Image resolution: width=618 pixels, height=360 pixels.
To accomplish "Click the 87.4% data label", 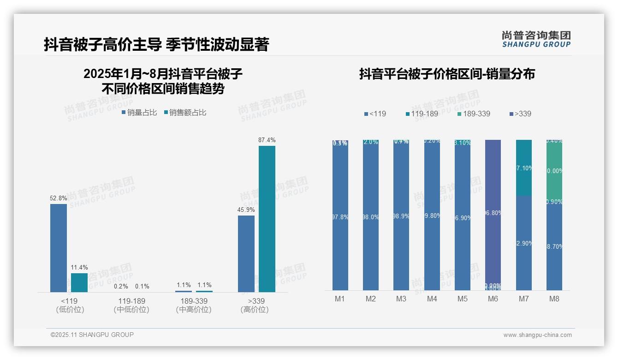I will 267,140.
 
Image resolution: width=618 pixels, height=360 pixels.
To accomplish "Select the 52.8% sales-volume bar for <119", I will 59,248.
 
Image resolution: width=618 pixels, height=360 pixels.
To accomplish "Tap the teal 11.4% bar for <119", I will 79,282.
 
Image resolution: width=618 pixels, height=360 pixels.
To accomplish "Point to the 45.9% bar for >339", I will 246,253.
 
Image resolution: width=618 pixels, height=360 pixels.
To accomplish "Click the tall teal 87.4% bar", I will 267,219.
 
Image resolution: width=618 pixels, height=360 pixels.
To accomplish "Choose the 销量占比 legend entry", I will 139,113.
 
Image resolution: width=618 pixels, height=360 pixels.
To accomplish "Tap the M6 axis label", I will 493,299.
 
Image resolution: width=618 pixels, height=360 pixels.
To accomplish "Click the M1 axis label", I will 340,299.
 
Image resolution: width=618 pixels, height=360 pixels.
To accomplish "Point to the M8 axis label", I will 554,299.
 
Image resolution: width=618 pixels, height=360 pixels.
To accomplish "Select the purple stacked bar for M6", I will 493,212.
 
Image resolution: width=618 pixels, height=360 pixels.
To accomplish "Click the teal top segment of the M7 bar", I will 524,167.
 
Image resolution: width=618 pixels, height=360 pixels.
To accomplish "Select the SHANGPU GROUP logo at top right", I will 536,39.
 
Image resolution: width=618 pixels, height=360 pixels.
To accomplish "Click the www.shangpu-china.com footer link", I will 537,335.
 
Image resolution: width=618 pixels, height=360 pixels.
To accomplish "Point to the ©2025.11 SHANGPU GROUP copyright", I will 92,335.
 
